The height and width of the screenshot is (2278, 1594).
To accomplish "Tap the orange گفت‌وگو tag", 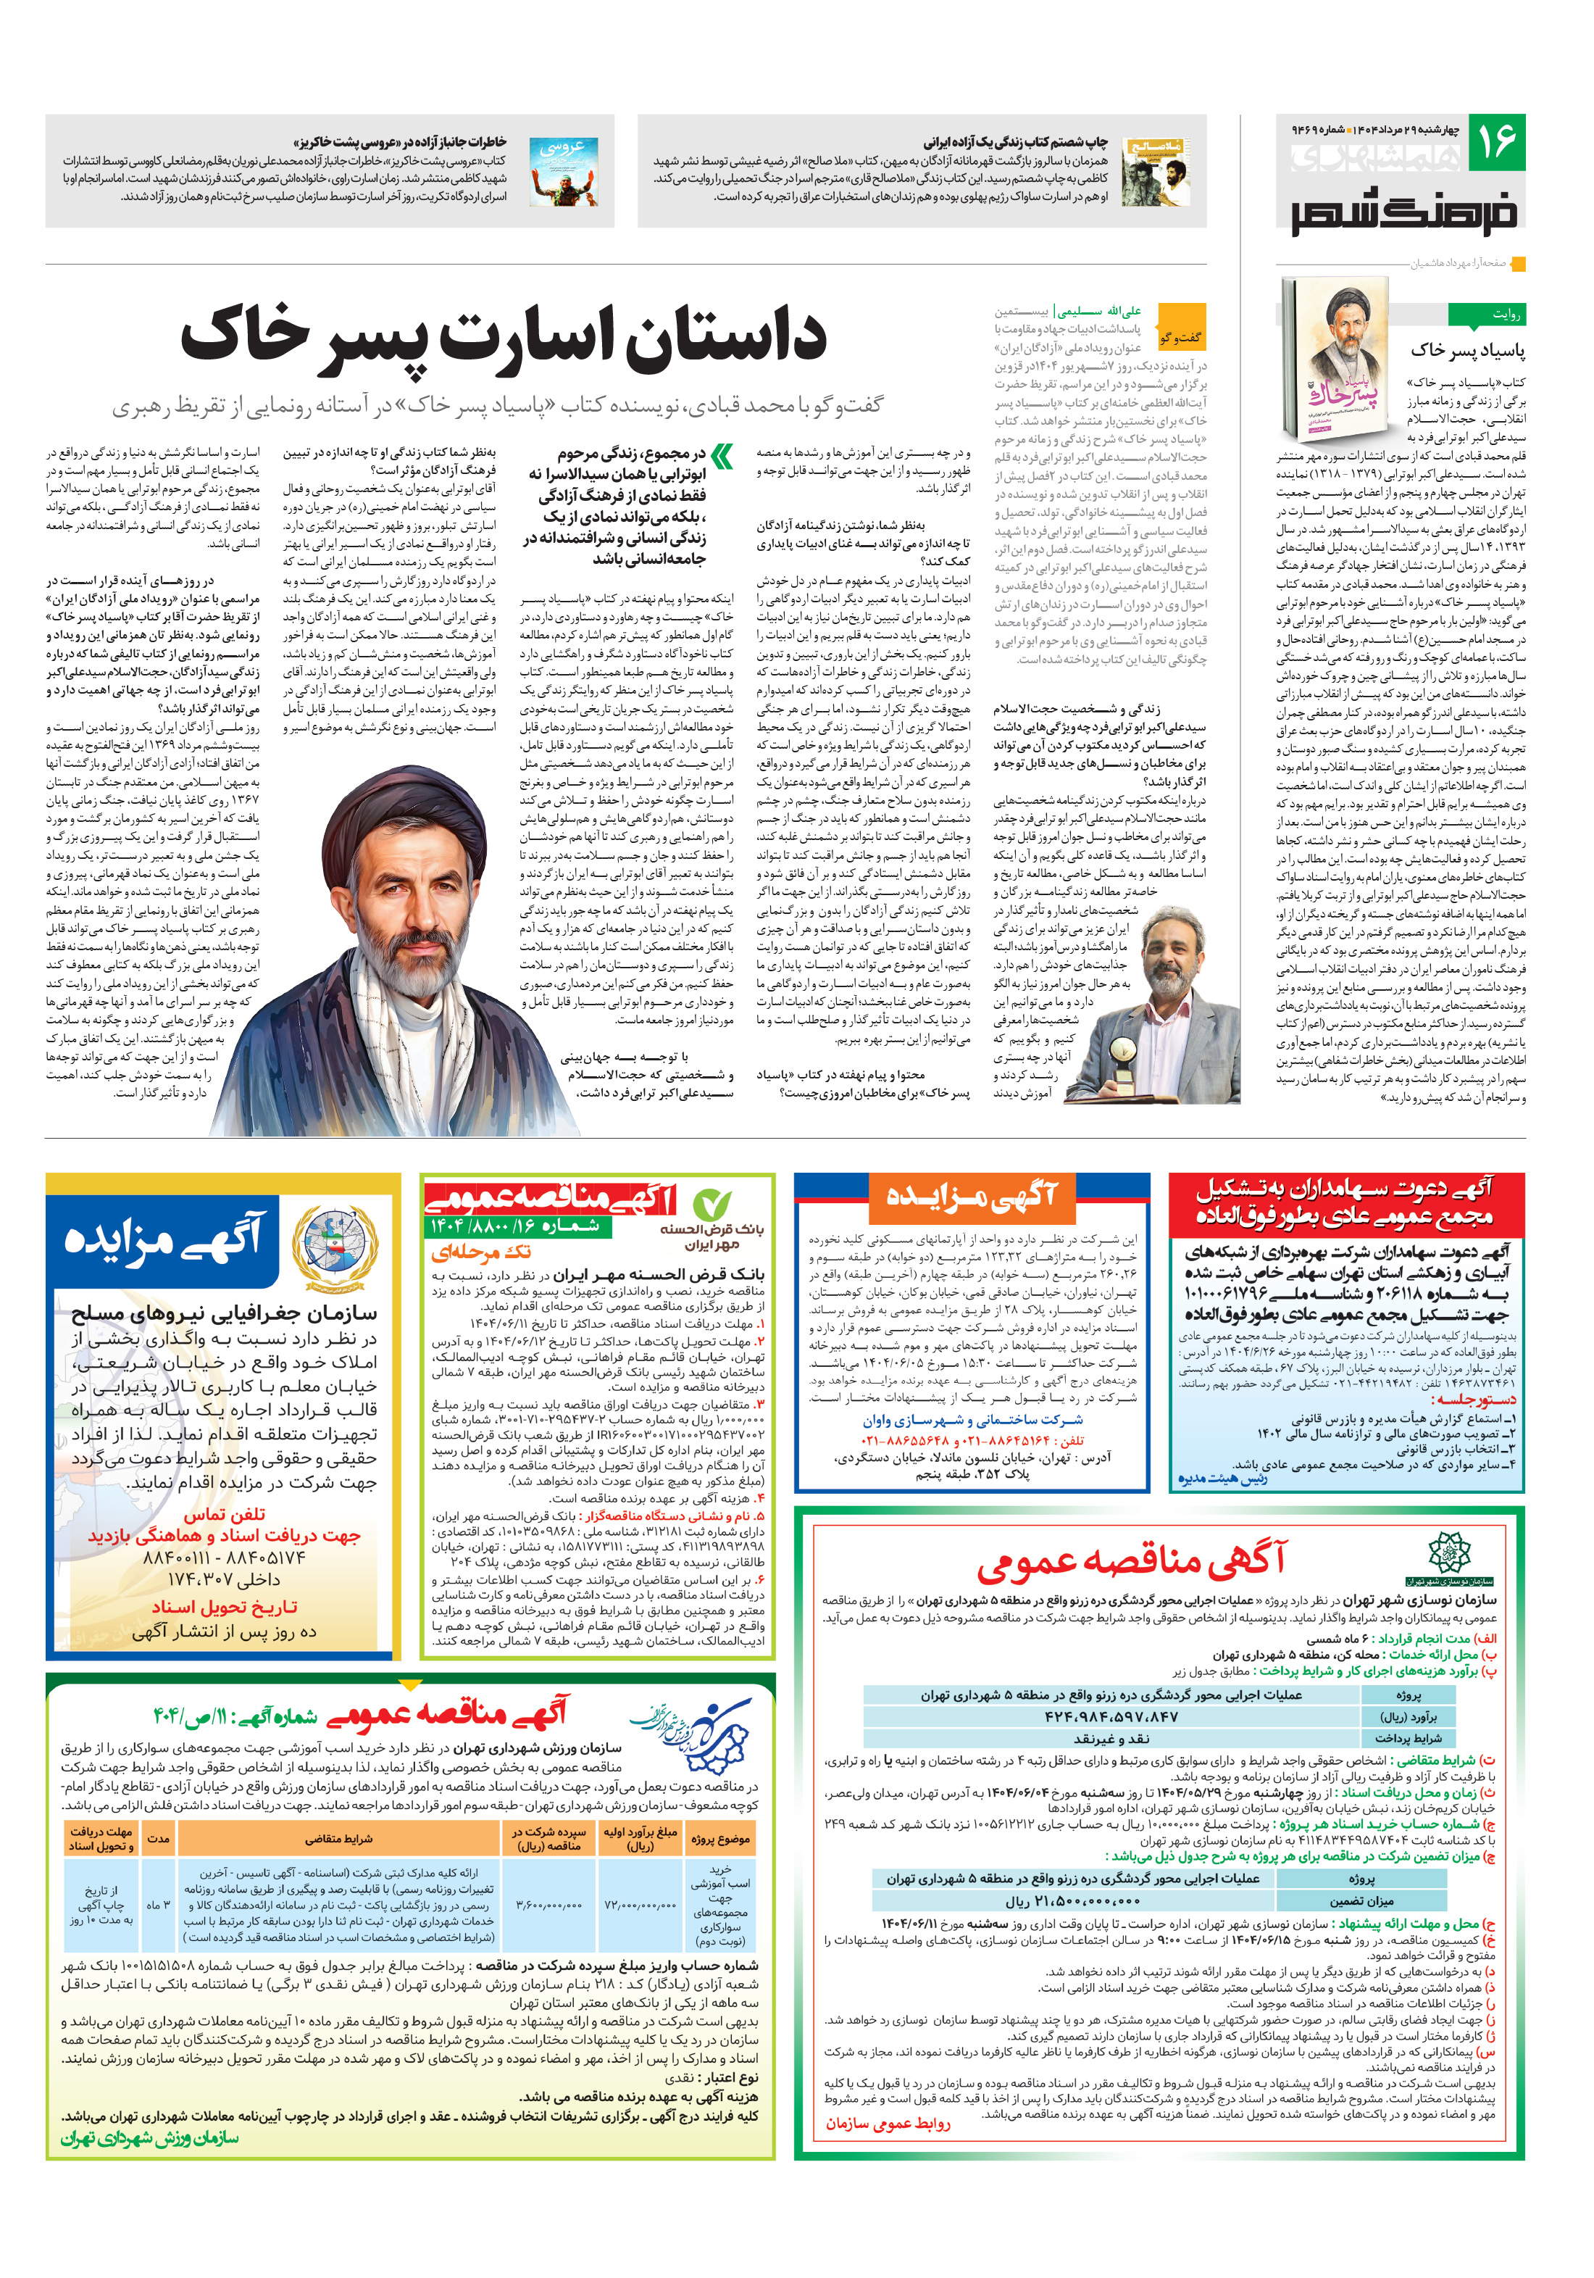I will [1180, 337].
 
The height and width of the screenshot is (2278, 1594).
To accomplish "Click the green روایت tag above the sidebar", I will [1486, 315].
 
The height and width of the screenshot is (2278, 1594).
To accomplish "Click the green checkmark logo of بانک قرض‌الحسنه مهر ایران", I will [712, 1205].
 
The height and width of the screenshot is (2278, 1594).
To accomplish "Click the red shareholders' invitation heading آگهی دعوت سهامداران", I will [1345, 1202].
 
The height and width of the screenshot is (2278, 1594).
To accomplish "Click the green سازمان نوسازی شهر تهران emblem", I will [1448, 1555].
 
